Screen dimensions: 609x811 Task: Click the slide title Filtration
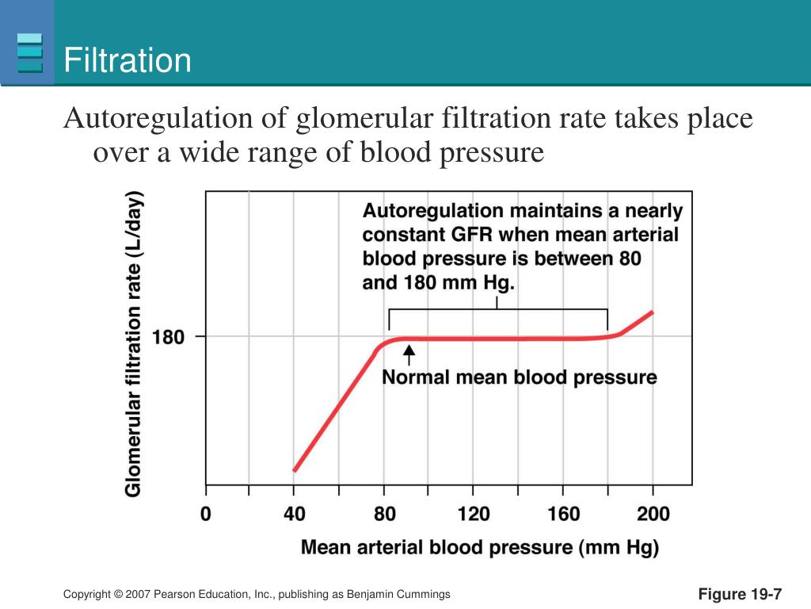click(x=128, y=61)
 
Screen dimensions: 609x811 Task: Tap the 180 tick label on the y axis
click(x=167, y=337)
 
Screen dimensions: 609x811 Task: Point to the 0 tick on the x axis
click(x=206, y=514)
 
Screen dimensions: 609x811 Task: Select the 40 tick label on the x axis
click(x=295, y=514)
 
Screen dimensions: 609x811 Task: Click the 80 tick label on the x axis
click(x=384, y=514)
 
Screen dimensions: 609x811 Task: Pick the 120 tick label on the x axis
click(x=474, y=514)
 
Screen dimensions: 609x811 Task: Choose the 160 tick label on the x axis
click(x=563, y=514)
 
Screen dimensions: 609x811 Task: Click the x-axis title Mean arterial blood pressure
click(x=480, y=547)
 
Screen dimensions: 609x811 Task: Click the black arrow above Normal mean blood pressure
click(x=409, y=354)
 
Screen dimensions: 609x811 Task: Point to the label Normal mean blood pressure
click(x=520, y=377)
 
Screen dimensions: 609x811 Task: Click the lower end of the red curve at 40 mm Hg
click(x=295, y=470)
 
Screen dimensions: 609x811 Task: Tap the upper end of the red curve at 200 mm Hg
click(x=652, y=312)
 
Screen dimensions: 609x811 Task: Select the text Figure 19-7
click(x=740, y=595)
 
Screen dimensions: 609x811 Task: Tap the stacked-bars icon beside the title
click(x=30, y=52)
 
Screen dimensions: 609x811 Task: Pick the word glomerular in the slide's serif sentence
click(x=365, y=119)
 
